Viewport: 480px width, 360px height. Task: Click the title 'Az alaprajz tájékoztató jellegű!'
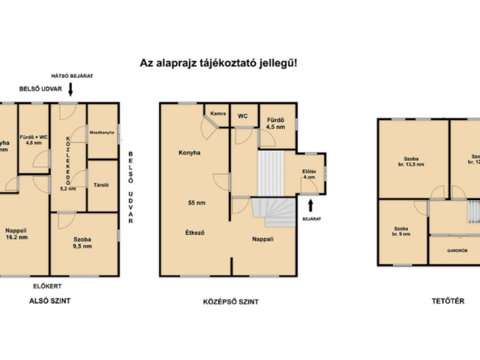218,64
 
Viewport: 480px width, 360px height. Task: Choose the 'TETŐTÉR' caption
448,301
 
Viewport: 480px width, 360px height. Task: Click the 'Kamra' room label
217,115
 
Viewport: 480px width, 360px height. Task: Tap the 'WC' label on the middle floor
242,116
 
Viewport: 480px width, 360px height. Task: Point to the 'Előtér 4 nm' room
309,175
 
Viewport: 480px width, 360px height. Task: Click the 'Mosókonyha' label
102,132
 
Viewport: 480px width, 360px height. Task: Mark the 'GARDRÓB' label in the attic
457,250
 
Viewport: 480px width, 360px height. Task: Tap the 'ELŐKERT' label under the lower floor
46,285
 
